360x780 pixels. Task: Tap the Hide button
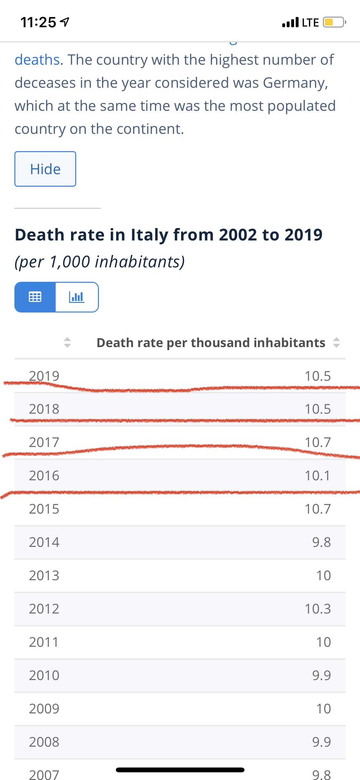coord(45,169)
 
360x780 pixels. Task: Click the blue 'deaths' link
coord(37,60)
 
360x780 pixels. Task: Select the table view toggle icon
coord(35,297)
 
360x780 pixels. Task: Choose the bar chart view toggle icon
coord(77,297)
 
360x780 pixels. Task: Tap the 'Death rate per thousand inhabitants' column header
coord(211,343)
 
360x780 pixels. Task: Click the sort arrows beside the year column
coord(67,343)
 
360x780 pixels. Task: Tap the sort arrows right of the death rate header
coord(336,343)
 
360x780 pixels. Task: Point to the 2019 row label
coord(44,376)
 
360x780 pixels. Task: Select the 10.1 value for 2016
coord(317,476)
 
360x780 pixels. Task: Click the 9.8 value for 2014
coord(321,542)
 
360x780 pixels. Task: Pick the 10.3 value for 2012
coord(317,609)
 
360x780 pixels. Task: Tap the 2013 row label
coord(44,576)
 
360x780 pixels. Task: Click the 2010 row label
coord(44,676)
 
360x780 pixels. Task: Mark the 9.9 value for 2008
coord(321,742)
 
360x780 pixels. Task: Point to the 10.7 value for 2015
coord(317,509)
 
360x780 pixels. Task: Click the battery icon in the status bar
coord(334,22)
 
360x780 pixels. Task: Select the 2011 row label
coord(44,642)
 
